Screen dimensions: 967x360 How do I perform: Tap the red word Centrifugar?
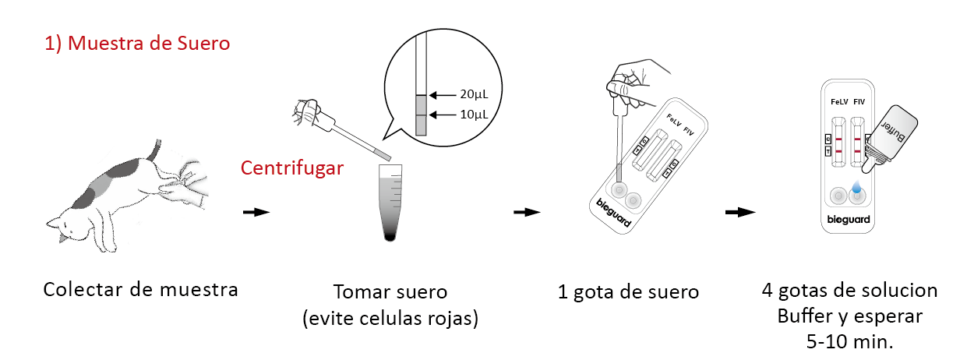pyautogui.click(x=292, y=168)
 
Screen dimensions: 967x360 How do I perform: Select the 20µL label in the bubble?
pyautogui.click(x=474, y=94)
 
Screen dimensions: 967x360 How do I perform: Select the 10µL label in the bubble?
pyautogui.click(x=474, y=115)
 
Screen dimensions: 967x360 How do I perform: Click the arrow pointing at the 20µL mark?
pyautogui.click(x=443, y=95)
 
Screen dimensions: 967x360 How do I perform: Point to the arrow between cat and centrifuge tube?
pyautogui.click(x=256, y=212)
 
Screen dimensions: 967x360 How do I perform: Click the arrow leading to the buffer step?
pyautogui.click(x=740, y=212)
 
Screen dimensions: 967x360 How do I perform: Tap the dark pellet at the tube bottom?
pyautogui.click(x=390, y=237)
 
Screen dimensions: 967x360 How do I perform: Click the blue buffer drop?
pyautogui.click(x=856, y=187)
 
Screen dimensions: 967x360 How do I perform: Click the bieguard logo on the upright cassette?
pyautogui.click(x=849, y=220)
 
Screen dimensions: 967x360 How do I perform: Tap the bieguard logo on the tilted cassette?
pyautogui.click(x=613, y=213)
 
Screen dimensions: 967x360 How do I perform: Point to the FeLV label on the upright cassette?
pyautogui.click(x=839, y=102)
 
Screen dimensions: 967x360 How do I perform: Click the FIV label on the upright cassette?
pyautogui.click(x=859, y=102)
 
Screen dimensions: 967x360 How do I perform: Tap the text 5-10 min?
pyautogui.click(x=849, y=341)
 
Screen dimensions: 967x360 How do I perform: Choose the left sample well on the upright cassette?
pyautogui.click(x=838, y=196)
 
